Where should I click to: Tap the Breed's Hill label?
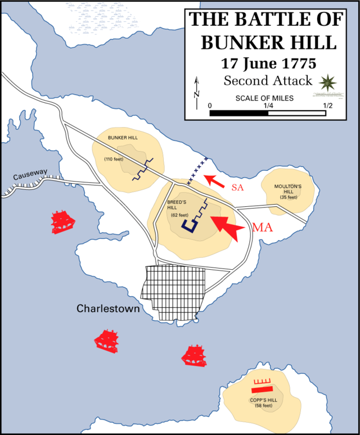click(x=176, y=203)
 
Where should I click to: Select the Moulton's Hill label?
click(x=288, y=189)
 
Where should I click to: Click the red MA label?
click(x=263, y=228)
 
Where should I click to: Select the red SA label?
click(x=237, y=188)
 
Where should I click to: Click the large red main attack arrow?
click(x=227, y=226)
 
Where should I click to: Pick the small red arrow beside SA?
click(x=213, y=180)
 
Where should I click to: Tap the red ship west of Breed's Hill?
click(x=62, y=221)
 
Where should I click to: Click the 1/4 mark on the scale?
click(x=268, y=105)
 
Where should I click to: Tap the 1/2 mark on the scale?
click(x=328, y=105)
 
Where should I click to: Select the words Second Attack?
click(x=267, y=80)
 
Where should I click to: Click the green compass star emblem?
click(x=326, y=82)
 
